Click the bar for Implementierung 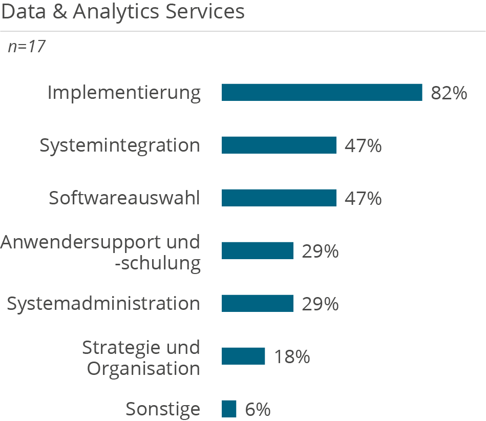[x=322, y=92]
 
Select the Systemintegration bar [x=279, y=145]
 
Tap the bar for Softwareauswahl [x=279, y=198]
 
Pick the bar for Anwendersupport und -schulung [x=257, y=250]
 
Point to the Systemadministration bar [x=257, y=303]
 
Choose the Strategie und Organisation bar [x=243, y=356]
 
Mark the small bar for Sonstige [x=229, y=409]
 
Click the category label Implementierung [x=124, y=93]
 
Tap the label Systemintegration [x=120, y=145]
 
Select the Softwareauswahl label [x=124, y=198]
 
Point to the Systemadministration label [x=103, y=304]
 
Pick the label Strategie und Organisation [x=141, y=357]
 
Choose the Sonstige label [x=163, y=409]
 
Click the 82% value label [x=449, y=93]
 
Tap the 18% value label [x=292, y=356]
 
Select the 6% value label [x=258, y=409]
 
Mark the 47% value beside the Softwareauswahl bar [x=363, y=198]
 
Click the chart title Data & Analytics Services [x=123, y=12]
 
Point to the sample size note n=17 [x=27, y=47]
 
